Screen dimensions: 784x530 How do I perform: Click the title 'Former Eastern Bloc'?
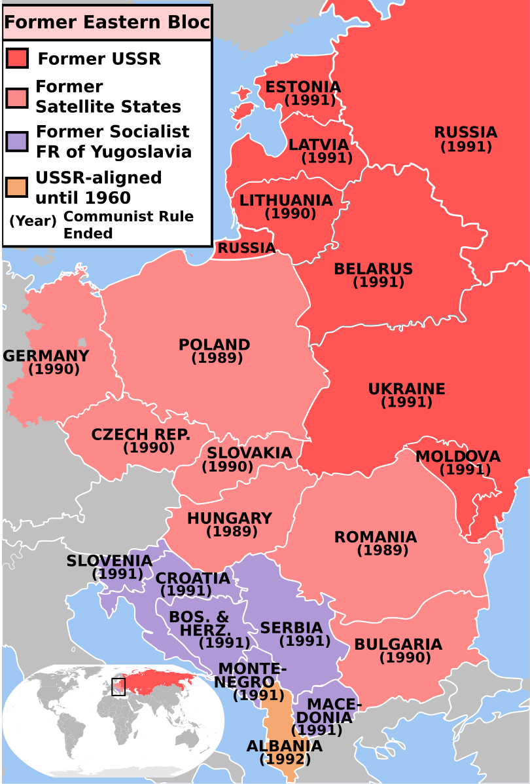coord(107,23)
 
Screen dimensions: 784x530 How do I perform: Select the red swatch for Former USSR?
coord(17,58)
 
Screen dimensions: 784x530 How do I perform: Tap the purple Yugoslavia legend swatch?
coord(17,141)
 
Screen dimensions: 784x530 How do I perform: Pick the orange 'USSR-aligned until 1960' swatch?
coord(17,187)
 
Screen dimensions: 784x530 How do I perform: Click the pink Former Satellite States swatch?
coord(17,98)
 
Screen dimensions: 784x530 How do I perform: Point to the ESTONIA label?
coord(303,87)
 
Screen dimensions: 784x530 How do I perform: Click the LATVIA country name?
coord(319,144)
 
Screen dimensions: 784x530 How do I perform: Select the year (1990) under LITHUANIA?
coord(291,214)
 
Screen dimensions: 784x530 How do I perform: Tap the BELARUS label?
coord(373,269)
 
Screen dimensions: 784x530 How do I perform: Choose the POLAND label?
coord(215,345)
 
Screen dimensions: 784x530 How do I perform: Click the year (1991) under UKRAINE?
coord(406,402)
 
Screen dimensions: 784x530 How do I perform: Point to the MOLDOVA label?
coord(458,456)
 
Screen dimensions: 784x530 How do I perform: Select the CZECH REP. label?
coord(141,434)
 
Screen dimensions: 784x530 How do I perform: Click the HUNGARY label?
coord(230,518)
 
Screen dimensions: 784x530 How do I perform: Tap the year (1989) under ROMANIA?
coord(383,551)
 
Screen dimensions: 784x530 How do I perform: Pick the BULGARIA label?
coord(398,644)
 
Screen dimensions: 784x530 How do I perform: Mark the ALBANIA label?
coord(284,746)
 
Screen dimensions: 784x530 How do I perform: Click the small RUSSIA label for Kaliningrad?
coord(246,248)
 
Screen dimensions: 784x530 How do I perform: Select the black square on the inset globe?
coord(118,686)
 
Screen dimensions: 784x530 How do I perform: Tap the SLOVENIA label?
coord(109,561)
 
